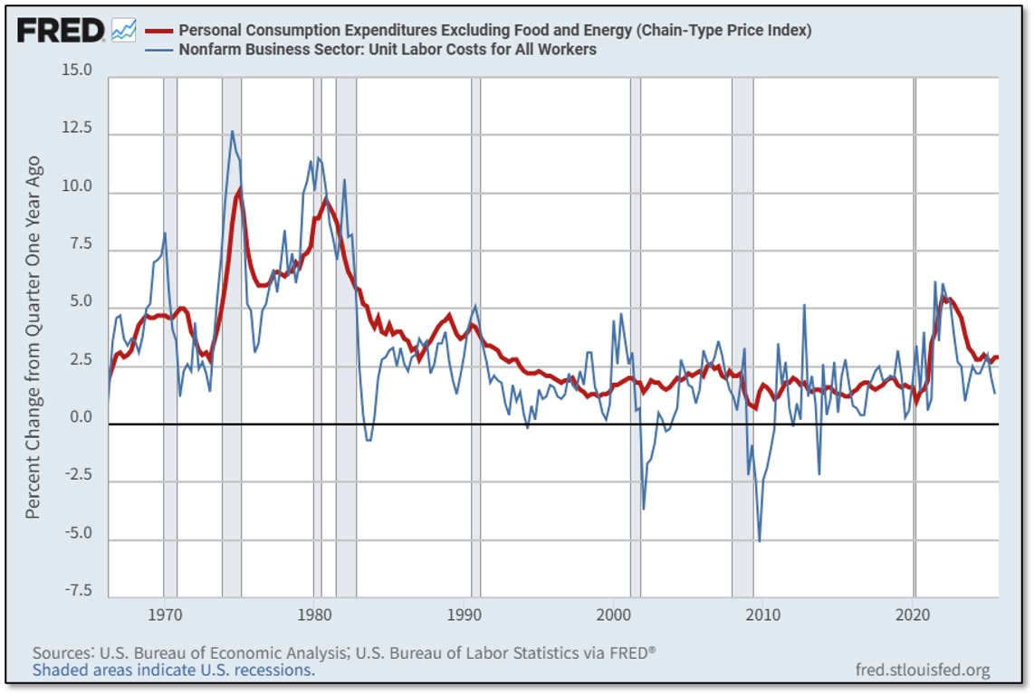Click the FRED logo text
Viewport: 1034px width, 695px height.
pyautogui.click(x=61, y=31)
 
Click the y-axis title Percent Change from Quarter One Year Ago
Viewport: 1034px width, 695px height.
pyautogui.click(x=34, y=337)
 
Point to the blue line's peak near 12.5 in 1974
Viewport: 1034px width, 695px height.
pyautogui.click(x=232, y=132)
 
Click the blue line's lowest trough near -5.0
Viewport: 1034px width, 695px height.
pyautogui.click(x=759, y=540)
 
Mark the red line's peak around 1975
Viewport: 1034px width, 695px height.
pyautogui.click(x=239, y=189)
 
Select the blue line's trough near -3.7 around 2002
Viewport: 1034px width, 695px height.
pyautogui.click(x=644, y=508)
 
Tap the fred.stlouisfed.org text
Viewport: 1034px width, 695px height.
pyautogui.click(x=922, y=671)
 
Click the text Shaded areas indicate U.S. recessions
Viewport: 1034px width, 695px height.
pyautogui.click(x=174, y=671)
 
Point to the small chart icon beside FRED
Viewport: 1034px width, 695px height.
pyautogui.click(x=123, y=31)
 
